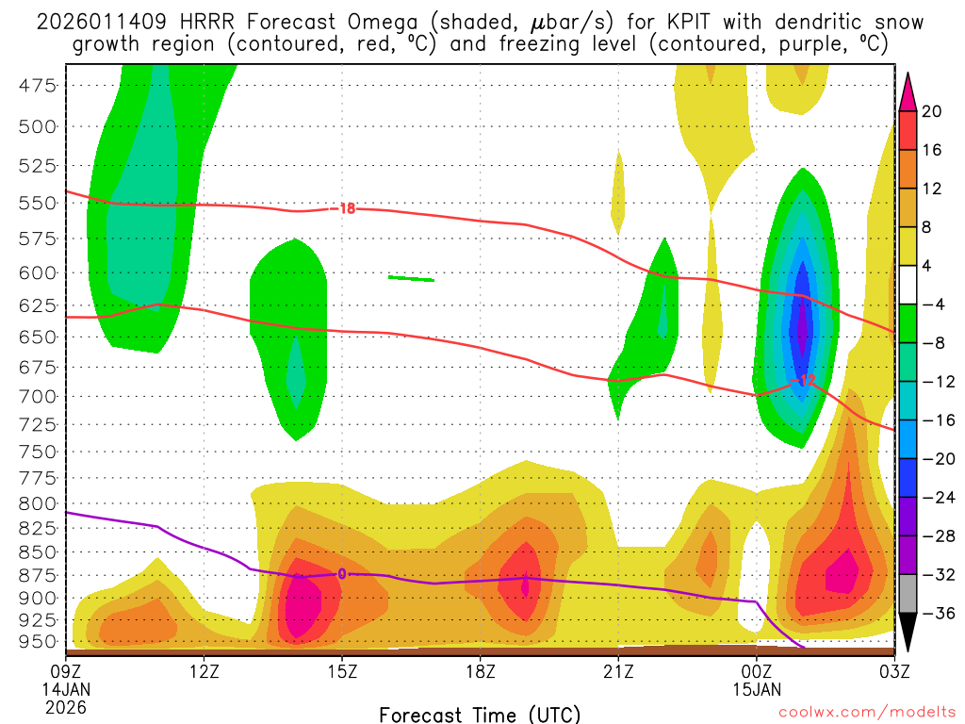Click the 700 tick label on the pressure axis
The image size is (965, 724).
tap(38, 396)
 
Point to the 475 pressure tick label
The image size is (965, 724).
tap(38, 86)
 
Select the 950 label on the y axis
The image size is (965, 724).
tap(38, 641)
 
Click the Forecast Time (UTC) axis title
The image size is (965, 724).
tap(480, 714)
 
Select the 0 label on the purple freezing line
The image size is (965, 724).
tap(342, 573)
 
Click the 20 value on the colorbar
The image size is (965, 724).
tap(932, 111)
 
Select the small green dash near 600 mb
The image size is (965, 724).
tap(411, 278)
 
